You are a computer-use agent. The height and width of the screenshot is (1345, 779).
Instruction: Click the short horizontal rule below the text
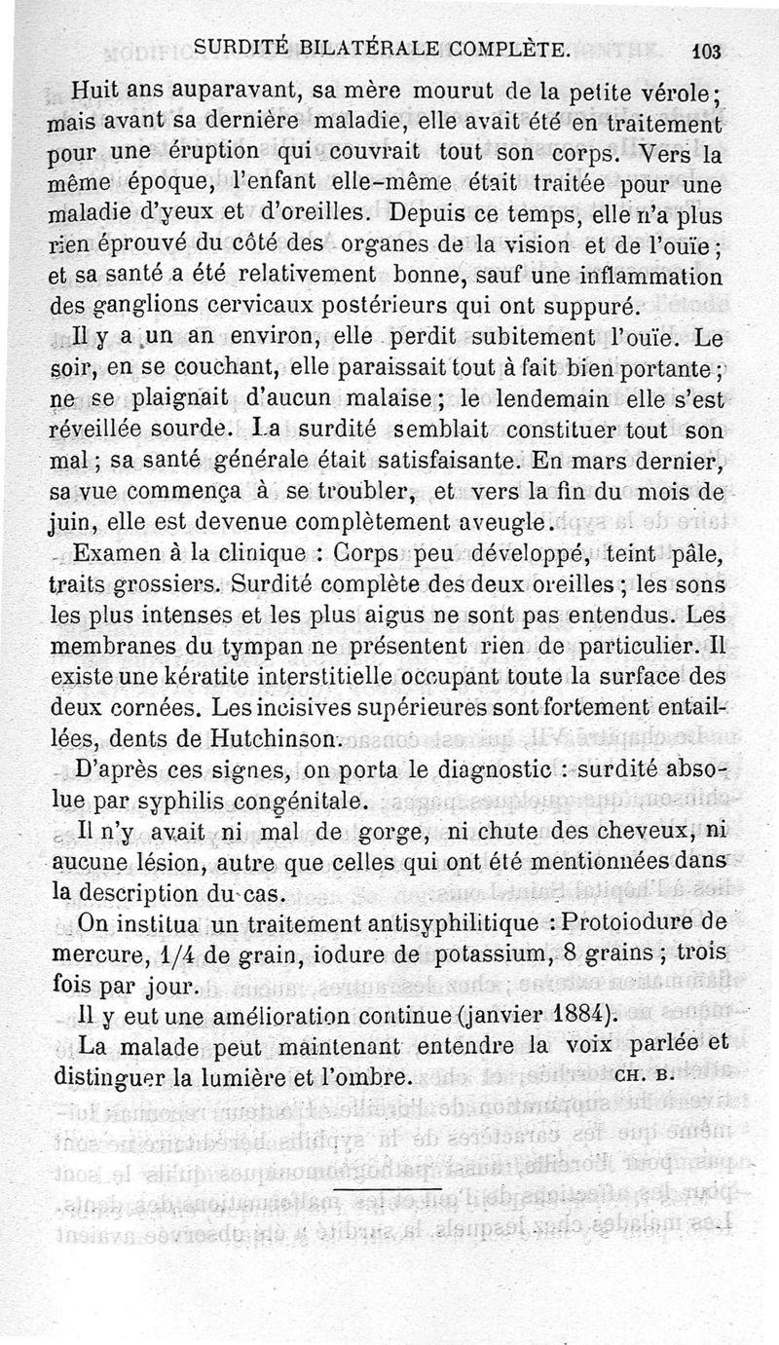388,1187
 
